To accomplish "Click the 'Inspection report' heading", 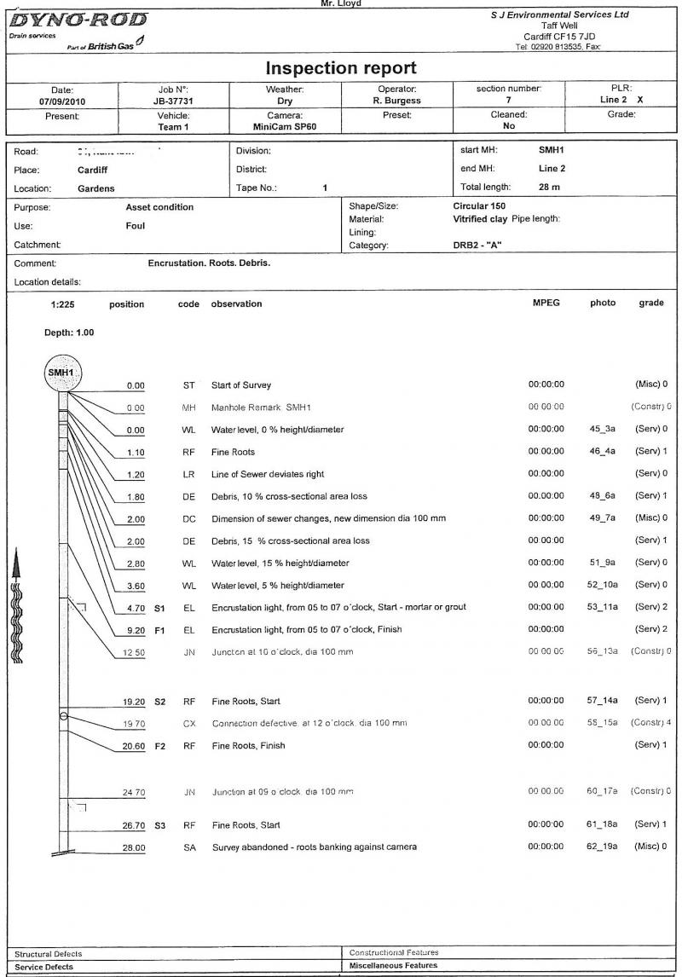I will tap(341, 67).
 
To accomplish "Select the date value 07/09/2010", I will tap(61, 101).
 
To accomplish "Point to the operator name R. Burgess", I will tap(396, 101).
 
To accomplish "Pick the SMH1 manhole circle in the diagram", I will tap(61, 373).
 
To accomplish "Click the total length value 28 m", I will tap(549, 187).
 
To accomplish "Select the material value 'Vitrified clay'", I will tap(480, 219).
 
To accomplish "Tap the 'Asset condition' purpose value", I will tap(159, 207).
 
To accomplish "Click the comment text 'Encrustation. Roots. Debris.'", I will tap(209, 263).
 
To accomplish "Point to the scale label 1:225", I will tap(61, 304).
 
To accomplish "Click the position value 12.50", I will tap(133, 652).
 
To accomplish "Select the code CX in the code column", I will tap(189, 723).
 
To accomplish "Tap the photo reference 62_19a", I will tap(603, 847).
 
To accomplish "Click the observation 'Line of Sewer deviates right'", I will tap(268, 474).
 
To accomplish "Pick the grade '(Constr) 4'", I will tap(651, 723).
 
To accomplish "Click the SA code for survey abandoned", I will tap(189, 847).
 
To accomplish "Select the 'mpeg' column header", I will tap(546, 304).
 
